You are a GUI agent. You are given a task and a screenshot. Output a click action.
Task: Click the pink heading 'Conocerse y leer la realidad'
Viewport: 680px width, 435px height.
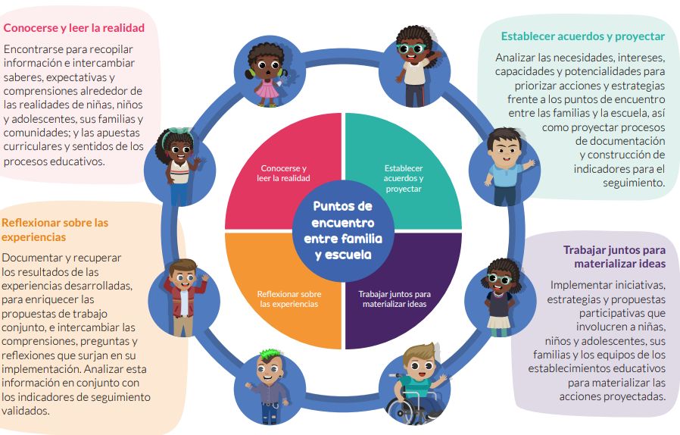point(74,28)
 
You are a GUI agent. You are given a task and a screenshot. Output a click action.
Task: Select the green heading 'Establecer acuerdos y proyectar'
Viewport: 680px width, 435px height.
point(583,36)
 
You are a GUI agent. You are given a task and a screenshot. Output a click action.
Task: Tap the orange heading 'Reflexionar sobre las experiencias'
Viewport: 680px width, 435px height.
point(55,230)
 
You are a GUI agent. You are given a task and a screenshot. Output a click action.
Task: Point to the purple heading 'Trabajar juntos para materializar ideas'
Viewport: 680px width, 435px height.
point(615,257)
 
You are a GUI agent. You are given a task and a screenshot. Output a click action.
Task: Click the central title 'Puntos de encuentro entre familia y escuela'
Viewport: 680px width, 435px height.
point(343,230)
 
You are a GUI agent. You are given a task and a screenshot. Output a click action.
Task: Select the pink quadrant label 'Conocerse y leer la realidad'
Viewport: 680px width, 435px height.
point(283,174)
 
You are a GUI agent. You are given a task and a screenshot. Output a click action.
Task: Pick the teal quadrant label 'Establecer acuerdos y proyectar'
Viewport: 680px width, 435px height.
point(404,178)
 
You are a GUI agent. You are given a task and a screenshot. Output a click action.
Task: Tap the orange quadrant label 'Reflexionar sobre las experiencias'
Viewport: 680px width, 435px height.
point(289,299)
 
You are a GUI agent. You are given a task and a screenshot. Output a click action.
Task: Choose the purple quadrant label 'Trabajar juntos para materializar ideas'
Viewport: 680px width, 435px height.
point(395,299)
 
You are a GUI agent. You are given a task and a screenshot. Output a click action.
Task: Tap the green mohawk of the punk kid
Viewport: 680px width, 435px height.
point(270,353)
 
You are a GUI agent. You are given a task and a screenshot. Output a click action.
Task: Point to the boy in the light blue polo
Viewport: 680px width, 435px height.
point(507,167)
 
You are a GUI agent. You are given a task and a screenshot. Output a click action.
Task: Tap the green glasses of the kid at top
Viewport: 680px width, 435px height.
point(410,49)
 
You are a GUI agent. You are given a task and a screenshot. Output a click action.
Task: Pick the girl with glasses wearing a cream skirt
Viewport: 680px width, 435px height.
point(500,297)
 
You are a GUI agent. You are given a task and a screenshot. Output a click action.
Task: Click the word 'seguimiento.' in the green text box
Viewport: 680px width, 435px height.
point(634,183)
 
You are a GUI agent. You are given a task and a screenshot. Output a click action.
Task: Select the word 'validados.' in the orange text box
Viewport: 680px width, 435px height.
point(26,411)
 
